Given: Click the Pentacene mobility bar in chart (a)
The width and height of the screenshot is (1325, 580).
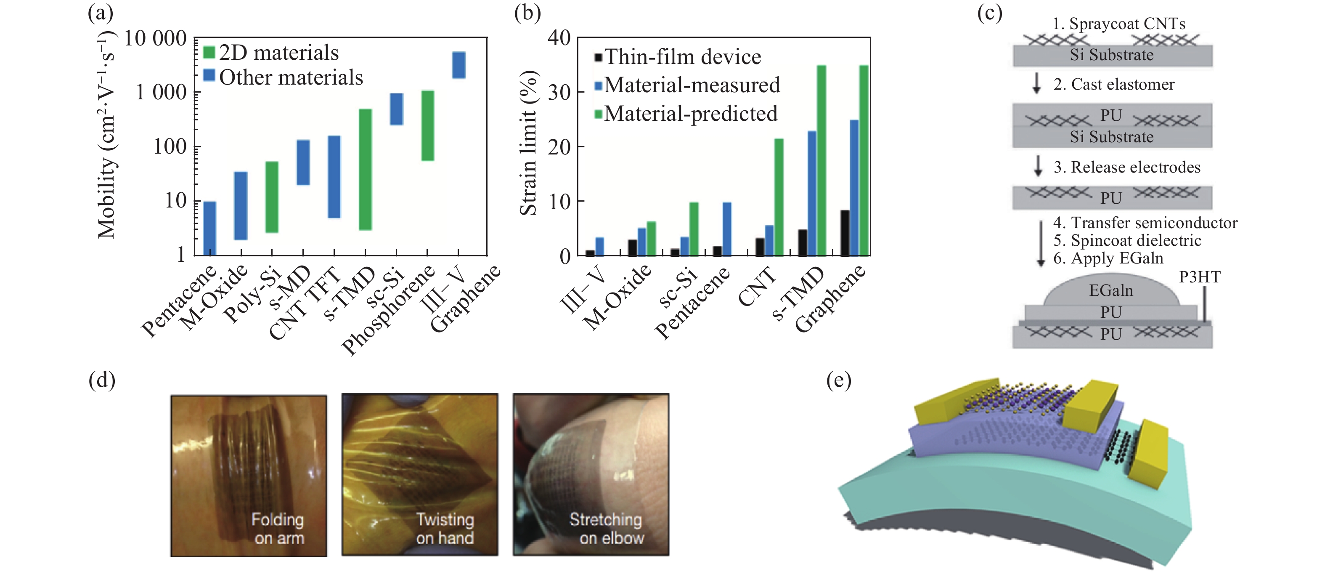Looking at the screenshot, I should [209, 228].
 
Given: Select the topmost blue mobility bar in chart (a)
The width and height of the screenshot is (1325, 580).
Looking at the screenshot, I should [458, 65].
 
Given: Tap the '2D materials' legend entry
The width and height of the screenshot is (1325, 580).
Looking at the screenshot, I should [270, 53].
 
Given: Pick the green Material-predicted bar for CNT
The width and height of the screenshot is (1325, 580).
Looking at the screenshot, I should [779, 197].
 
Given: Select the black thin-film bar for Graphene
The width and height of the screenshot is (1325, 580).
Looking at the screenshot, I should [845, 233].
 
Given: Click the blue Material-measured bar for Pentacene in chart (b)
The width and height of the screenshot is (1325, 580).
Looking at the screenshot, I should [727, 229].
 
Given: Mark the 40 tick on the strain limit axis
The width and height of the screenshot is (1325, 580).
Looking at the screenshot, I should [559, 37].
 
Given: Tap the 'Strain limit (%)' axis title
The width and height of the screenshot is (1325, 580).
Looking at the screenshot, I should [528, 143].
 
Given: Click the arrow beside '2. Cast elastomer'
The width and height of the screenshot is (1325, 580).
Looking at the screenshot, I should [1036, 83].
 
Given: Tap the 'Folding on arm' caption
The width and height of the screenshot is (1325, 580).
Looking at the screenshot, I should [278, 529].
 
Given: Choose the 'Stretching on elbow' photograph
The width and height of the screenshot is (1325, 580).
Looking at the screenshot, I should [591, 474].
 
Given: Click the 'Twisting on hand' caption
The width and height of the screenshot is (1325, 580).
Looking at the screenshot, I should [445, 529].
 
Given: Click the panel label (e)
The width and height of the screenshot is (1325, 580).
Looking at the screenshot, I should [838, 380].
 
